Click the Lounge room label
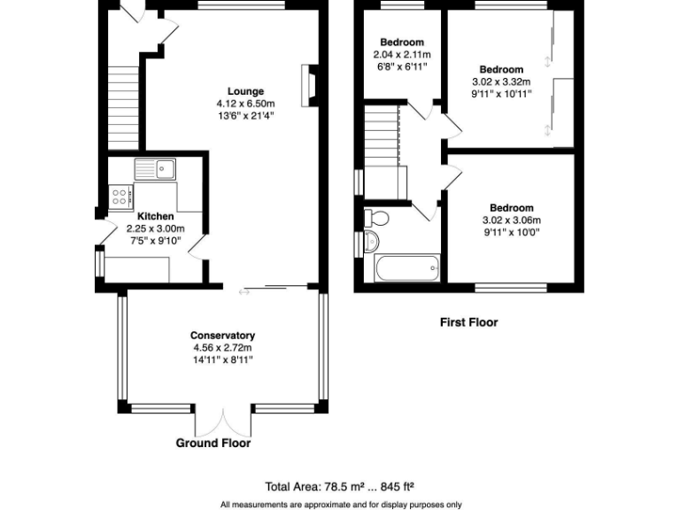click(x=245, y=91)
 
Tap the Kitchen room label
click(x=156, y=216)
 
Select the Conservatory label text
click(x=223, y=336)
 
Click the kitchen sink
click(x=156, y=168)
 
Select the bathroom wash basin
click(x=370, y=241)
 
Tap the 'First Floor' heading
click(x=468, y=322)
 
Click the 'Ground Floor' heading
click(x=212, y=444)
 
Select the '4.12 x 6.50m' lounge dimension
click(x=245, y=104)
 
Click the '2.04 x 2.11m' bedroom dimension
click(x=401, y=55)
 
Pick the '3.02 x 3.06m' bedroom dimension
click(x=511, y=220)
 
